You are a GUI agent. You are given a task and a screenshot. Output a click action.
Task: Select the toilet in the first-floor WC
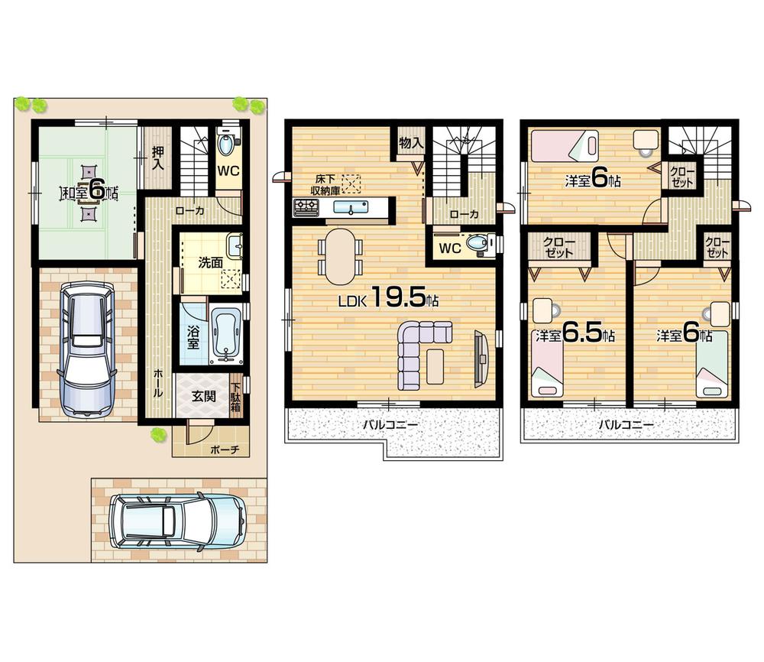(x=228, y=144)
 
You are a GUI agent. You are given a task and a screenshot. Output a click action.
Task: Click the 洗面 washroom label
(x=210, y=262)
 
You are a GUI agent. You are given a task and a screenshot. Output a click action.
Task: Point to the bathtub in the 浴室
(x=226, y=333)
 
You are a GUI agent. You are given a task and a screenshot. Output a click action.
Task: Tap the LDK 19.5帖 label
(x=389, y=300)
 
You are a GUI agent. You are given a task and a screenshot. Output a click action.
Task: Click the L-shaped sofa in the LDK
(x=420, y=350)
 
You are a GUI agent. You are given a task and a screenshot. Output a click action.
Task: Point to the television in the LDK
(x=480, y=355)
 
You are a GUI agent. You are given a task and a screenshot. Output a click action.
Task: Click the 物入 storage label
(x=411, y=143)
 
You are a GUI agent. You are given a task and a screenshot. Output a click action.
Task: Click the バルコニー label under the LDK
(x=390, y=424)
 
